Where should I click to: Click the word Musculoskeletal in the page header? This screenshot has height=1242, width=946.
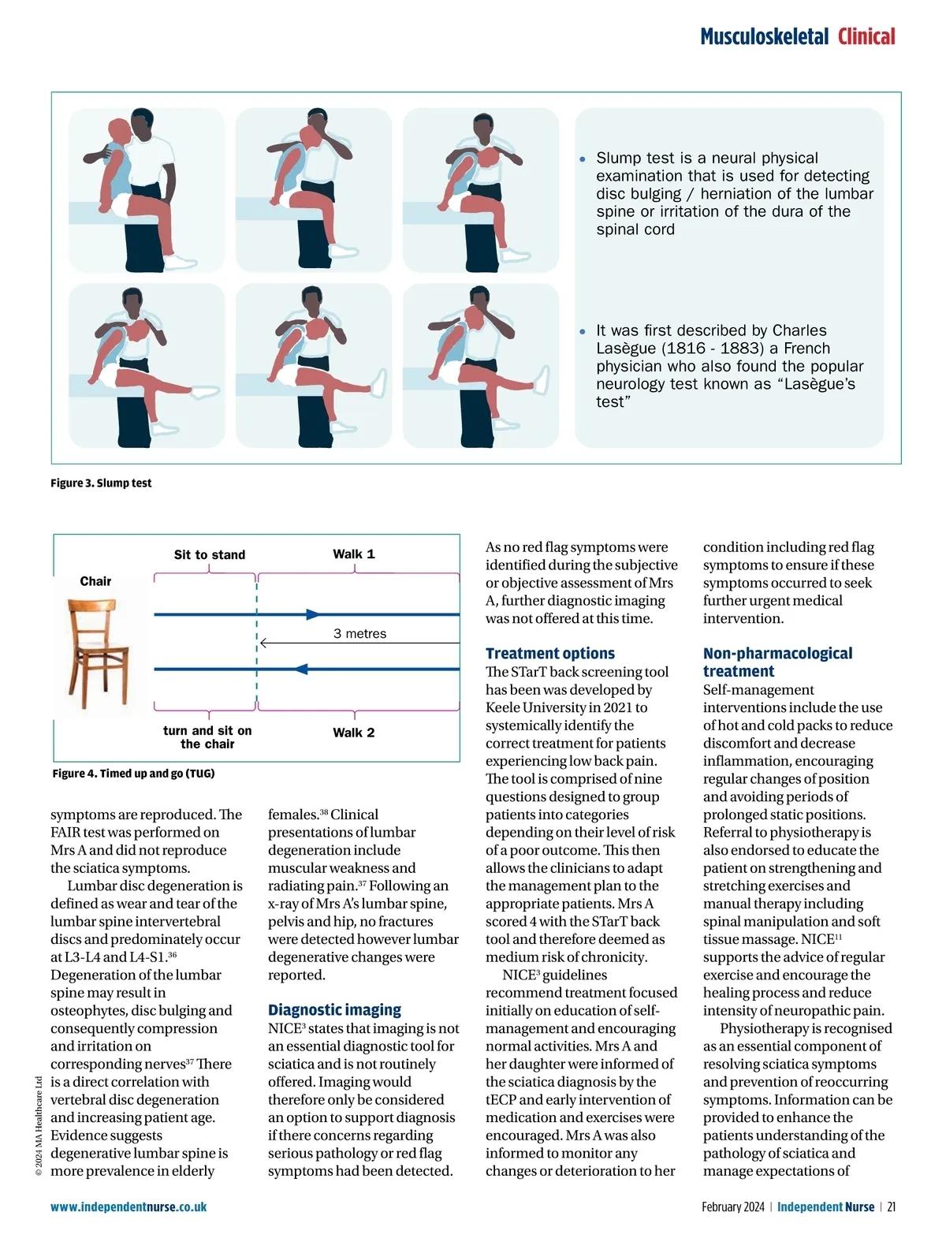point(764,37)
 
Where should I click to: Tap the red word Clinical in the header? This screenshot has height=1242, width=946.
point(866,37)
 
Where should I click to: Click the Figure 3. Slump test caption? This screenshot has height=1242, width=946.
point(101,483)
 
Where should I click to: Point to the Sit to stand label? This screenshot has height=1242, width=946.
point(210,555)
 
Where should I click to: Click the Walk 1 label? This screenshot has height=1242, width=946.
point(354,554)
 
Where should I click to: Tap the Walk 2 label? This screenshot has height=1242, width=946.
point(354,733)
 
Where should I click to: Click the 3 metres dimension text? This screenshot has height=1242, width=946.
point(359,634)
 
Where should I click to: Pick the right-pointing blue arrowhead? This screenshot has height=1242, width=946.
point(314,614)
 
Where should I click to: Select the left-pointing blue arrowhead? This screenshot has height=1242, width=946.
point(300,669)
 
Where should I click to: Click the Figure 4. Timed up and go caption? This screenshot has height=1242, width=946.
point(133,774)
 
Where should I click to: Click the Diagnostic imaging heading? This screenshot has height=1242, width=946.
point(334,1010)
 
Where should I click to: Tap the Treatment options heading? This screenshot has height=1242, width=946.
point(550,654)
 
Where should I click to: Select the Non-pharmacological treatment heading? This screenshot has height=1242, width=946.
point(777,662)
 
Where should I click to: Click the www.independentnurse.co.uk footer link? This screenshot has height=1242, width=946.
point(128,1207)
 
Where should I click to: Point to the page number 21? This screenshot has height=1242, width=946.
point(892,1207)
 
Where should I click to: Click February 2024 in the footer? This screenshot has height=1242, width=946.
point(733,1207)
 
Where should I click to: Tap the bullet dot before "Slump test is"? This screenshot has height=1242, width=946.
point(583,159)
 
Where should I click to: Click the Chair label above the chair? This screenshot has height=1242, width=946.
point(95,582)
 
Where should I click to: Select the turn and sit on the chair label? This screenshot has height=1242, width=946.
point(207,737)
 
